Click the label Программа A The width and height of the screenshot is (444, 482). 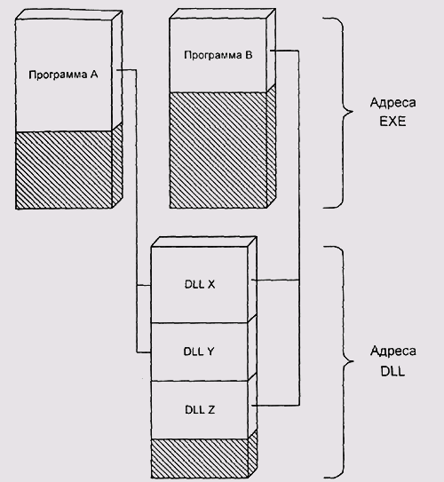click(x=63, y=75)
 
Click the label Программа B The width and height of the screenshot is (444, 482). click(x=218, y=55)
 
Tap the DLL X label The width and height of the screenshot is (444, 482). click(x=200, y=284)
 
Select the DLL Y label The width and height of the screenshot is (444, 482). click(x=199, y=352)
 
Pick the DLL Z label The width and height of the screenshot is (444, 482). click(x=200, y=409)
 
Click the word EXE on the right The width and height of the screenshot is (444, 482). click(x=392, y=121)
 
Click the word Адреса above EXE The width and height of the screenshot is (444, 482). click(x=393, y=103)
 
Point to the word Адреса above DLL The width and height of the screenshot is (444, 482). click(x=393, y=352)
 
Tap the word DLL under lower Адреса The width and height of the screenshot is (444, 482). click(x=392, y=371)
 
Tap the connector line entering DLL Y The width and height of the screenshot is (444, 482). click(x=144, y=352)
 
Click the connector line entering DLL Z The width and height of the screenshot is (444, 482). click(x=275, y=406)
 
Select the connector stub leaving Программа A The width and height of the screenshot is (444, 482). click(x=126, y=70)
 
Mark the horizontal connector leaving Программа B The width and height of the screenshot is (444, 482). click(x=284, y=51)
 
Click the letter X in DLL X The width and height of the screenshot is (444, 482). click(x=211, y=284)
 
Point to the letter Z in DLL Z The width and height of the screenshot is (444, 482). click(x=211, y=409)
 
